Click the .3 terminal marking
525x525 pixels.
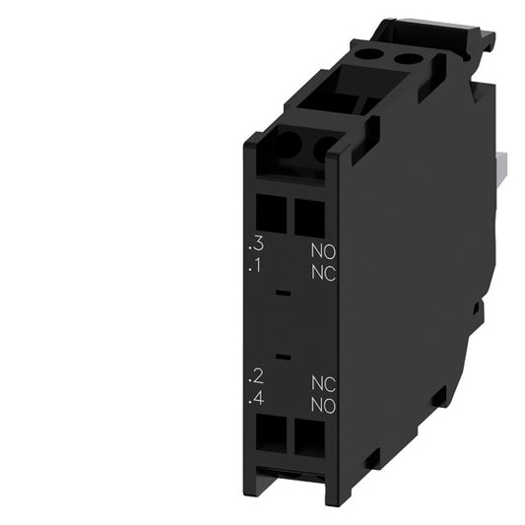(x=257, y=242)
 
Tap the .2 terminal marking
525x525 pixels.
(x=257, y=375)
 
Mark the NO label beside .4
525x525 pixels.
(x=322, y=404)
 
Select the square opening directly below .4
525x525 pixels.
(x=273, y=432)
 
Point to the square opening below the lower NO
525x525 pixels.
(x=308, y=436)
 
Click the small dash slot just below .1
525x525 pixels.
(x=284, y=294)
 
